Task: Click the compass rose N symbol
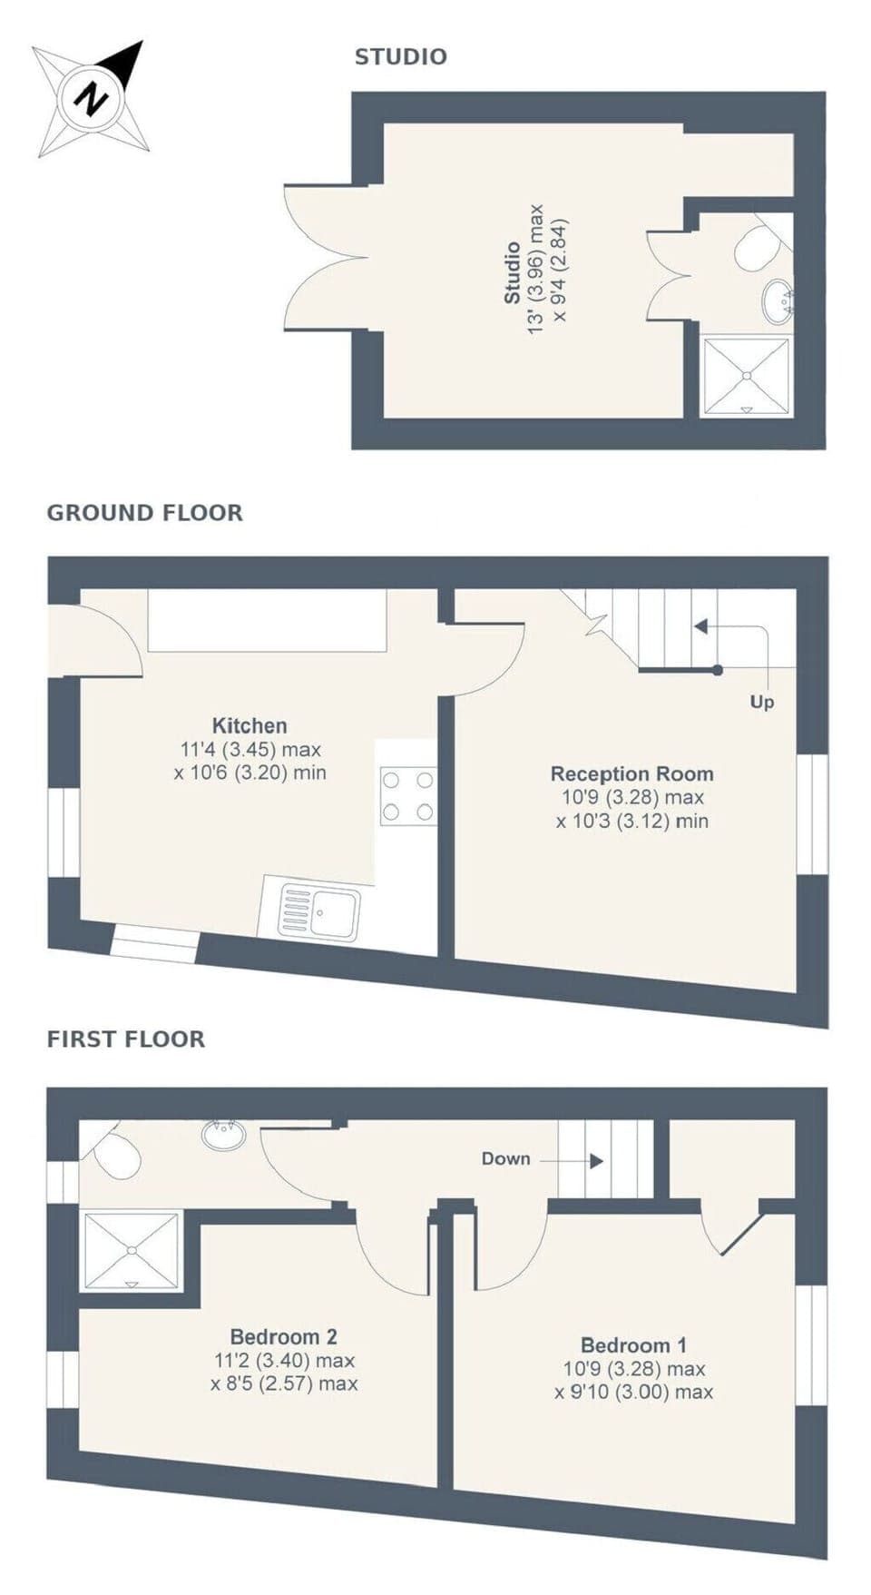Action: click(91, 97)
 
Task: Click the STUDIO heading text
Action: click(400, 57)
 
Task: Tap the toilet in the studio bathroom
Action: click(755, 248)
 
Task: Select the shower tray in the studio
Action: click(747, 376)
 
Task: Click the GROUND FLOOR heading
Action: click(144, 513)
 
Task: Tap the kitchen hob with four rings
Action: click(407, 796)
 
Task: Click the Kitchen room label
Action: click(250, 725)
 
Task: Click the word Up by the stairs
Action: click(761, 703)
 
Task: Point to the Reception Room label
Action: click(631, 774)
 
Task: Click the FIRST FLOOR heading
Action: click(126, 1039)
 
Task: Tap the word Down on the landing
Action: click(505, 1159)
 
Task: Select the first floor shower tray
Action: click(132, 1251)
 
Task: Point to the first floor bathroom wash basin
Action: click(223, 1135)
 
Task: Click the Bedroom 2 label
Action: click(283, 1336)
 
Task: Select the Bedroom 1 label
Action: click(633, 1345)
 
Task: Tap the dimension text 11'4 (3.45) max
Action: click(250, 750)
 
